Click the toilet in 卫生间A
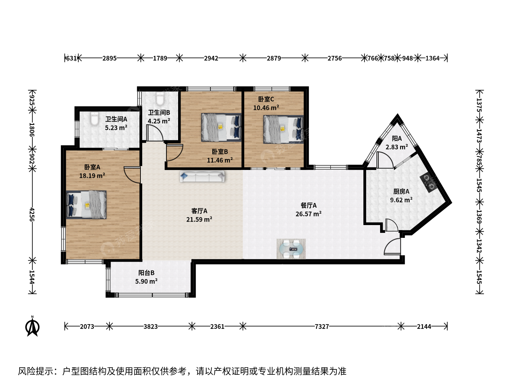click(x=95, y=119)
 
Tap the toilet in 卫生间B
click(x=160, y=98)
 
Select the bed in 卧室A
click(x=86, y=205)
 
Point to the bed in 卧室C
click(x=283, y=129)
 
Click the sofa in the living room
click(x=202, y=176)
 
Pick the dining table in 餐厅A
click(x=291, y=249)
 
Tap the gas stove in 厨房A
click(x=428, y=183)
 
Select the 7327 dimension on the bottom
click(x=322, y=326)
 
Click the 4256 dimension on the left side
click(x=32, y=214)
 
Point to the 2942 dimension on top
click(x=211, y=58)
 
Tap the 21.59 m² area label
click(x=199, y=219)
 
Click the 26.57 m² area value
click(x=309, y=214)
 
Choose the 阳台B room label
click(x=146, y=273)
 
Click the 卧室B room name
click(x=220, y=151)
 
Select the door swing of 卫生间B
click(x=155, y=133)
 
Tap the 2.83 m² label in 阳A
click(x=397, y=147)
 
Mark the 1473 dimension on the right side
click(x=479, y=136)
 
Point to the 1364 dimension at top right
click(x=432, y=58)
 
